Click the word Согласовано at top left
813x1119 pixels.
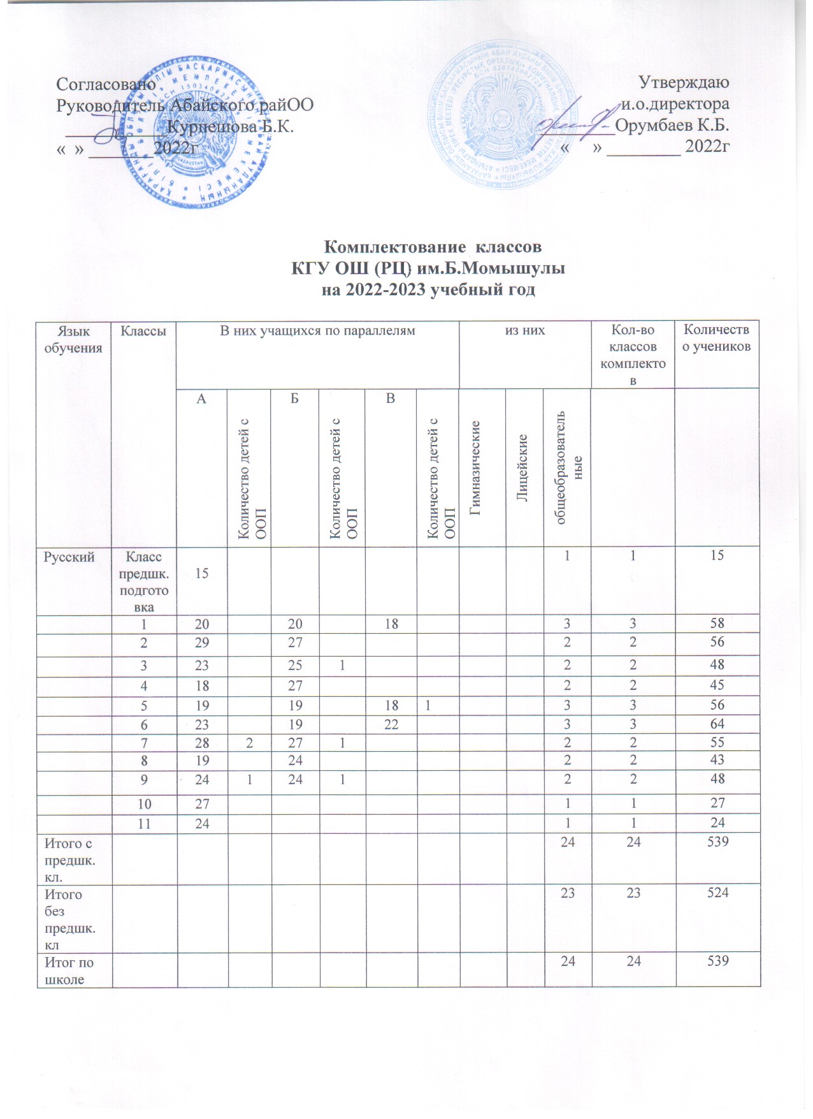[106, 84]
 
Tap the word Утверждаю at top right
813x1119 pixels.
[684, 83]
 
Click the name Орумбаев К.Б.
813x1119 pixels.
[672, 125]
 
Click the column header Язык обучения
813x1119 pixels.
[73, 339]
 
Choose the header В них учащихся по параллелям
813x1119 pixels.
[317, 330]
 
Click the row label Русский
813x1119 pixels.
[69, 557]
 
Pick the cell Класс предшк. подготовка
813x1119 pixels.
[144, 582]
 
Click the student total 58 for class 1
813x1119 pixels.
[717, 623]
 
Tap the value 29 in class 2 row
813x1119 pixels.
[202, 643]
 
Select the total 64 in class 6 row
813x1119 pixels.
[717, 724]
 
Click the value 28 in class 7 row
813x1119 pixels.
[202, 742]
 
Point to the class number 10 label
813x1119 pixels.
[144, 803]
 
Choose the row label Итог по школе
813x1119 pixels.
[69, 970]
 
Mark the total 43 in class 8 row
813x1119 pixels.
[717, 760]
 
